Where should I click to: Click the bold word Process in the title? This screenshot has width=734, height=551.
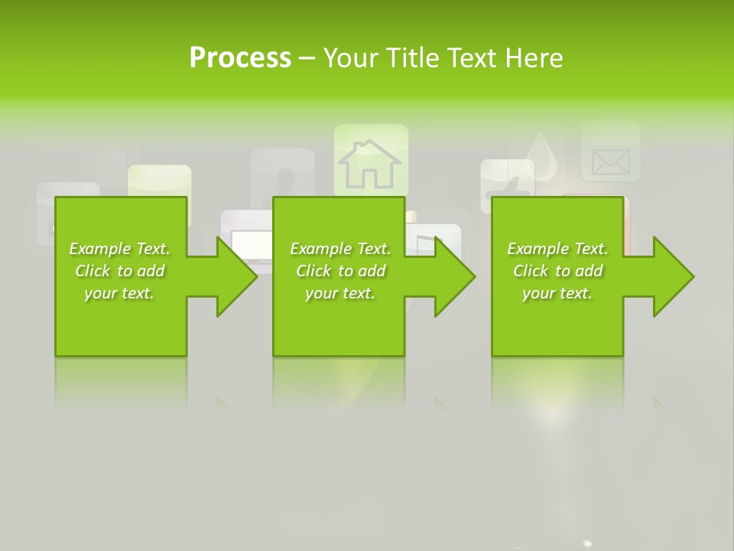tap(240, 57)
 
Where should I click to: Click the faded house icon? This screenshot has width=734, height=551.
tap(370, 162)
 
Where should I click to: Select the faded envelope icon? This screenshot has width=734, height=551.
tap(610, 161)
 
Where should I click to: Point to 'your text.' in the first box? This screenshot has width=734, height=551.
tap(119, 293)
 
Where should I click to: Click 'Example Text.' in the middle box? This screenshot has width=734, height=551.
tap(340, 249)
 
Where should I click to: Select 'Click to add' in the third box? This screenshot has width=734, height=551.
tap(558, 271)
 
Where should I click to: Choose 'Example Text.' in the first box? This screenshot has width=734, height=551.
tap(119, 249)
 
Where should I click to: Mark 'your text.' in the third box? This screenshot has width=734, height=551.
tap(557, 293)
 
